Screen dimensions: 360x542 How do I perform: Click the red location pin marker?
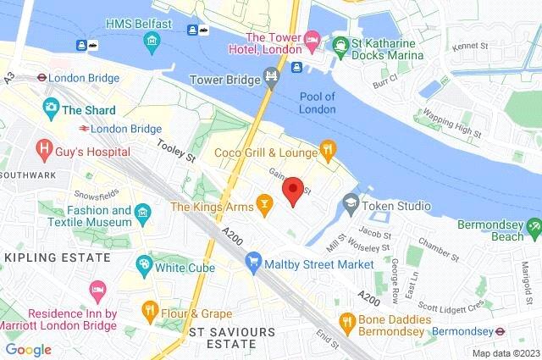[x=293, y=191]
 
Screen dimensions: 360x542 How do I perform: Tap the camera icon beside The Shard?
[x=50, y=109]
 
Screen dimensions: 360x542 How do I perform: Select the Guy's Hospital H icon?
[x=43, y=152]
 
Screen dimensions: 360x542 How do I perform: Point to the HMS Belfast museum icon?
[x=151, y=41]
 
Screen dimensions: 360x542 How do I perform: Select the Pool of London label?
[x=318, y=102]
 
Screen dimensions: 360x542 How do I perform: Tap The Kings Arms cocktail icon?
[x=265, y=206]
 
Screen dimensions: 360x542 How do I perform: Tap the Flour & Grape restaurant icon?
[x=151, y=308]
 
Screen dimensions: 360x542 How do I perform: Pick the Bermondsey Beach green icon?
[x=532, y=226]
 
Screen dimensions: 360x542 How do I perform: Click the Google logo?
[x=28, y=349]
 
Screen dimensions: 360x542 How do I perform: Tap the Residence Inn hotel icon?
[x=97, y=291]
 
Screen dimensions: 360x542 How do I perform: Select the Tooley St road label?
[x=175, y=151]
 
